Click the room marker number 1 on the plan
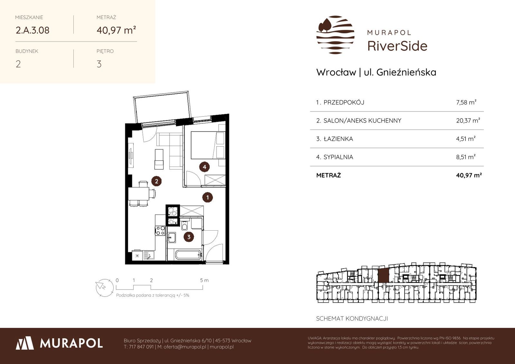point(207,197)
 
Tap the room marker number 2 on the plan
point(156,181)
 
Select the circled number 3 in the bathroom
point(189,237)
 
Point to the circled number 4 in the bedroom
point(204,167)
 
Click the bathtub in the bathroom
point(188,255)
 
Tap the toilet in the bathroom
point(184,225)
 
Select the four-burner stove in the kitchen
point(160,231)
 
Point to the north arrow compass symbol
point(105,288)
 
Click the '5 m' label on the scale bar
point(204,280)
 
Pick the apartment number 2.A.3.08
point(33,30)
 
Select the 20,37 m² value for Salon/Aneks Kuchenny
point(468,120)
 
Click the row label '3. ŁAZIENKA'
point(334,139)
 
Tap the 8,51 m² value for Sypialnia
point(466,157)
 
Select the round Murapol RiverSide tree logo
point(335,35)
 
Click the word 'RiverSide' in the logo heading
point(397,46)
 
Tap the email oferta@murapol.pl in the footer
point(185,347)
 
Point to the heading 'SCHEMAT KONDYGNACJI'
point(352,319)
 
